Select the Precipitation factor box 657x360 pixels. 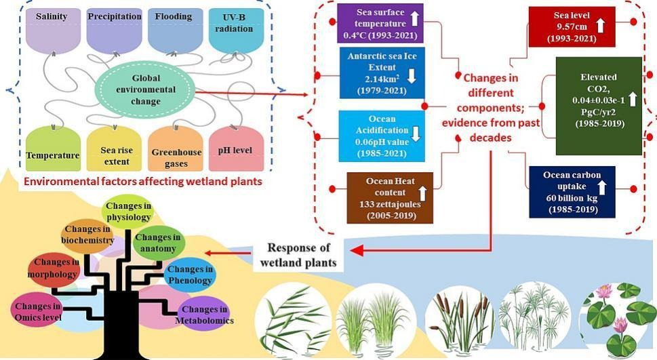[114, 31]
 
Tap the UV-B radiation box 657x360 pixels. [236, 31]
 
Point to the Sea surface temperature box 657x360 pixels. [380, 22]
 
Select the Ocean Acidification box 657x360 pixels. [382, 136]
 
